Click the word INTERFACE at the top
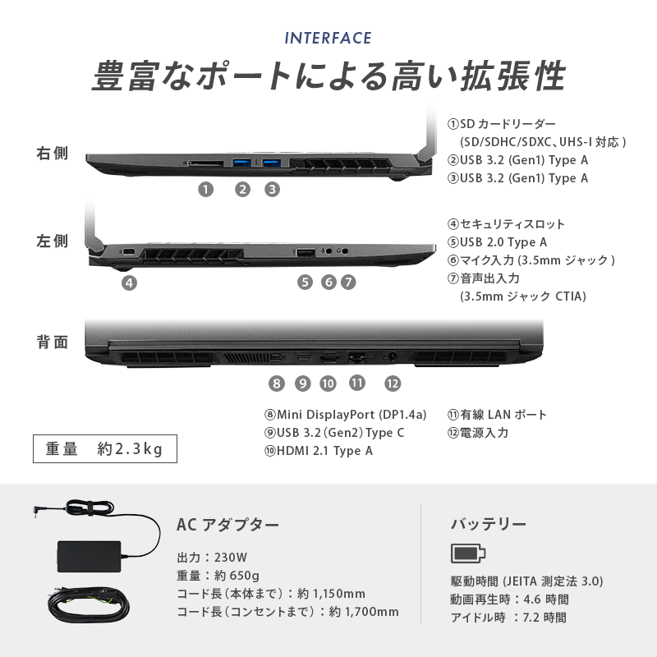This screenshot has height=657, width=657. click(328, 38)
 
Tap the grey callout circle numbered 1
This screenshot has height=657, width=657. click(205, 190)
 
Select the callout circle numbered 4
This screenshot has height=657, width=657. click(129, 283)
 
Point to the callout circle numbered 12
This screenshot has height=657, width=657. click(393, 384)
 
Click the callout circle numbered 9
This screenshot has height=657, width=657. click(302, 384)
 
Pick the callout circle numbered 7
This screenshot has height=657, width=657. click(347, 282)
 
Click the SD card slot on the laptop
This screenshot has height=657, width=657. click(205, 162)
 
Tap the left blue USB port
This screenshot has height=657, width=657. click(242, 162)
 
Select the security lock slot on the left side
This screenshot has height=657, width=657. click(128, 251)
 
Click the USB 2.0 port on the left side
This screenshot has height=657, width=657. click(306, 253)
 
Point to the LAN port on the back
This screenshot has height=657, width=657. click(356, 358)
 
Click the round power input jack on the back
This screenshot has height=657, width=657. click(393, 357)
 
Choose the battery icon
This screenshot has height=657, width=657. click(468, 554)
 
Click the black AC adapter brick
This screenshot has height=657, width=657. click(89, 556)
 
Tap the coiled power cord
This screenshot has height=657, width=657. click(89, 605)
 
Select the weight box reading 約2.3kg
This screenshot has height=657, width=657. click(105, 448)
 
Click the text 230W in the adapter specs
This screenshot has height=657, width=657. click(231, 558)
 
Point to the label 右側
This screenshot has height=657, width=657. click(52, 154)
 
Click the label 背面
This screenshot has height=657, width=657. click(52, 342)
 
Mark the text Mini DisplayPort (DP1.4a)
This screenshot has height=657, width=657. click(351, 415)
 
